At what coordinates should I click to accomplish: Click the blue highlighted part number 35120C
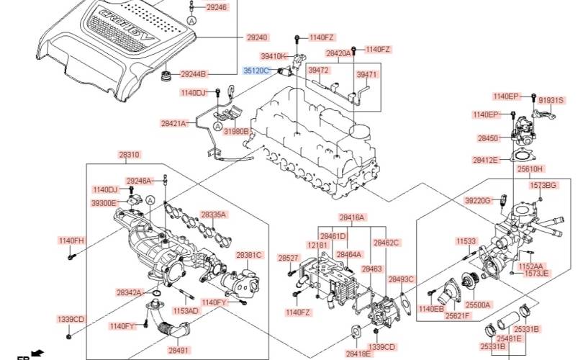[256, 71]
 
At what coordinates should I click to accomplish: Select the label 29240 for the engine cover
[257, 37]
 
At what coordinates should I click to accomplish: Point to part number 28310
[130, 155]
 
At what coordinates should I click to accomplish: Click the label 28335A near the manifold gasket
[214, 215]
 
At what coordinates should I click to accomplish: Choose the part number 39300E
[104, 204]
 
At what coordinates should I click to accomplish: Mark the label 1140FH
[71, 240]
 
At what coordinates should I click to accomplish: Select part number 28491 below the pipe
[179, 350]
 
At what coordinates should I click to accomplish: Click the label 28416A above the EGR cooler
[353, 217]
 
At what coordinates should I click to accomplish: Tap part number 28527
[288, 258]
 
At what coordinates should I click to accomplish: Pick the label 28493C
[401, 279]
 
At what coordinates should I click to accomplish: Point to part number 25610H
[530, 168]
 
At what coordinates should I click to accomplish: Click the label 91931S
[551, 101]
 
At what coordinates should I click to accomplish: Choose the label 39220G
[477, 200]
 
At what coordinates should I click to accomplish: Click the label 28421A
[173, 123]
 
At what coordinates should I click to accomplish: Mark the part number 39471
[367, 74]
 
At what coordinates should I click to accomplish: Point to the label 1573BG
[543, 186]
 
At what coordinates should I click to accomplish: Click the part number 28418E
[358, 354]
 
